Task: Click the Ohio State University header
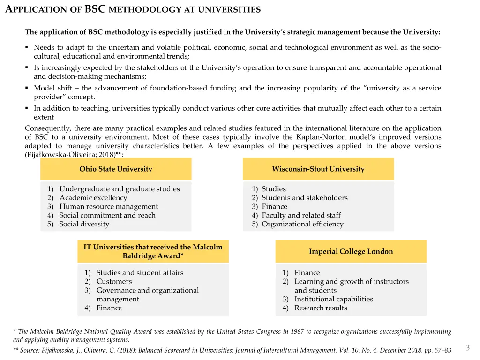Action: (116, 169)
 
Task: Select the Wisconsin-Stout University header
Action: (318, 169)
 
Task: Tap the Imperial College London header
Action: (351, 251)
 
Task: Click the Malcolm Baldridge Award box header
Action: (153, 251)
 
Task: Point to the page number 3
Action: (467, 347)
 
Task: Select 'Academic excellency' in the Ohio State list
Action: (93, 198)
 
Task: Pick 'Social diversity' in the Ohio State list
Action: (84, 224)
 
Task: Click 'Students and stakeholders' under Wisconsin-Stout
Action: (304, 198)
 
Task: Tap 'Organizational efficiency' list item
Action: (302, 224)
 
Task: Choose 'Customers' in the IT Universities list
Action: (114, 281)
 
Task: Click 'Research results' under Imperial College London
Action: (321, 308)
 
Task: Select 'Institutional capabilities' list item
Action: (333, 299)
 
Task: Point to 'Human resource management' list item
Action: (108, 207)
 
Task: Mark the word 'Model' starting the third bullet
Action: (44, 88)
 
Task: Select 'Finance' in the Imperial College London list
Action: (307, 273)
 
